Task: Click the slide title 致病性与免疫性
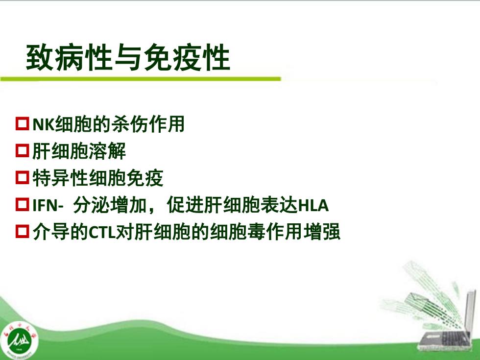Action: [x=128, y=58]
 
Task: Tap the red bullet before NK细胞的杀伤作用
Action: [x=23, y=123]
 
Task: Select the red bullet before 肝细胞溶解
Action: [x=23, y=151]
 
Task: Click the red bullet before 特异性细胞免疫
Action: [x=23, y=177]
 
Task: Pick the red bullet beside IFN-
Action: [x=23, y=205]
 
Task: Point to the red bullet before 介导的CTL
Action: [x=23, y=231]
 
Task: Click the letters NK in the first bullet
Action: [x=44, y=124]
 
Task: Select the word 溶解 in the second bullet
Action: [x=107, y=151]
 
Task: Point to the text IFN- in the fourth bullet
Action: [x=48, y=205]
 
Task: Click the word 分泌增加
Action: [x=110, y=205]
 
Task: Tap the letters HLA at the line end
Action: [x=313, y=205]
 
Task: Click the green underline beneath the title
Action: [x=141, y=79]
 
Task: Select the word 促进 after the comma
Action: [x=185, y=205]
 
